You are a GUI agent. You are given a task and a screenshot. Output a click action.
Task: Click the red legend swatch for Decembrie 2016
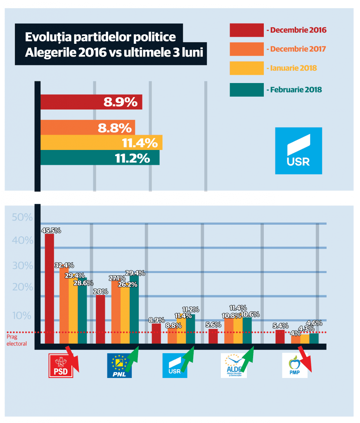pos(246,30)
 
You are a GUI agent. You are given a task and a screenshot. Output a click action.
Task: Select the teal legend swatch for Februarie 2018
pos(246,90)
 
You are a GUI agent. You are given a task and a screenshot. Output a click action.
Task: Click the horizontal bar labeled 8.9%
pos(91,102)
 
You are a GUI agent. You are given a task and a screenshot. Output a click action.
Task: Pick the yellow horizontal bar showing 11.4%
pos(101,143)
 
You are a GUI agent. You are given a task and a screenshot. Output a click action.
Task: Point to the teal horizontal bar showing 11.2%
pos(99,157)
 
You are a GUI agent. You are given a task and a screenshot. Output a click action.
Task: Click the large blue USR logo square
pos(298,151)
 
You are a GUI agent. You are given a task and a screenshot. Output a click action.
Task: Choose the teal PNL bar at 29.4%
pos(134,309)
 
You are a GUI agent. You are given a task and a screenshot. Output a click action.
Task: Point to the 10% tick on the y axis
pos(22,316)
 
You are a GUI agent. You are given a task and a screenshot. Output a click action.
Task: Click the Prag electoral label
pos(17,340)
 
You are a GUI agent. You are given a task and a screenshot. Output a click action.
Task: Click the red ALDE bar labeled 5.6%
pos(213,336)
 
